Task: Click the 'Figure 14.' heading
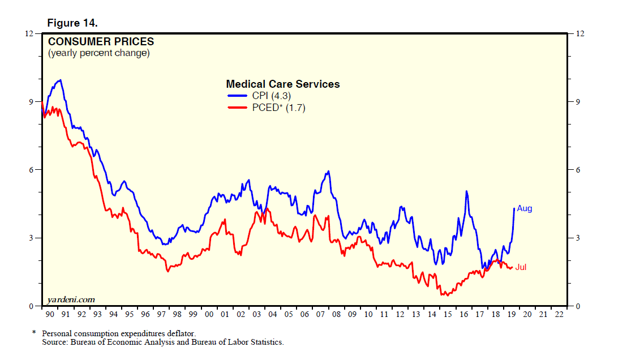(x=72, y=23)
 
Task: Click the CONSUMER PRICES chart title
(x=101, y=41)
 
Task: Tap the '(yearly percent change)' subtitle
(x=98, y=53)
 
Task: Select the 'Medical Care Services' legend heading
(x=283, y=84)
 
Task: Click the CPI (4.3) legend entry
(x=271, y=96)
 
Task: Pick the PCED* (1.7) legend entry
(x=278, y=108)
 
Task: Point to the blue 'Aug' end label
(x=525, y=208)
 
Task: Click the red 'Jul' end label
(x=521, y=267)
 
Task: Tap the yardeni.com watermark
(x=71, y=299)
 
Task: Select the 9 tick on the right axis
(x=578, y=102)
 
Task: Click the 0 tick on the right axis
(x=578, y=306)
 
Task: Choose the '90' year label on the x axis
(x=50, y=314)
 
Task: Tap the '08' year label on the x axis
(x=336, y=314)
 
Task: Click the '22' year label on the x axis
(x=559, y=314)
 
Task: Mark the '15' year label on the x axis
(x=448, y=314)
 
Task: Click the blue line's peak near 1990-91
(x=60, y=80)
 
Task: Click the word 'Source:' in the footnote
(x=55, y=342)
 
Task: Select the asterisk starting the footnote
(x=33, y=333)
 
